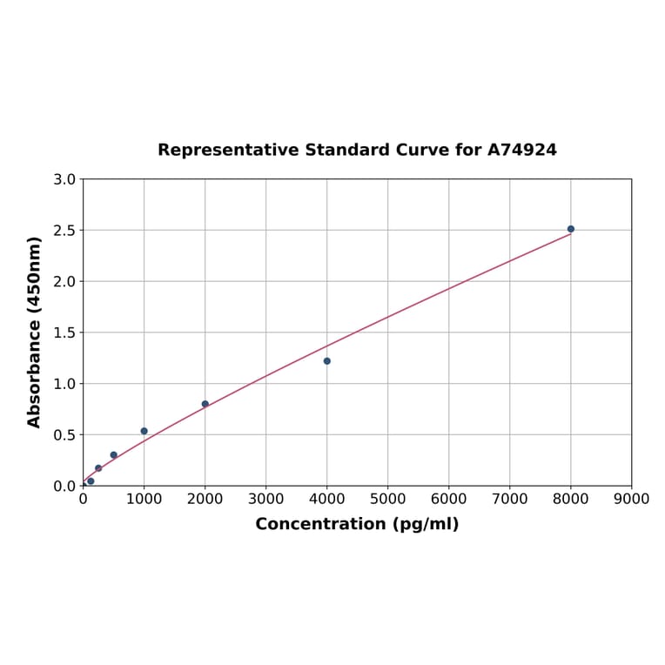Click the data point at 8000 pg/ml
[570, 229]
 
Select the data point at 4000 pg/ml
[327, 361]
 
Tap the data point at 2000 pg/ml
[205, 404]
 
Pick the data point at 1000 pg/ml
[144, 431]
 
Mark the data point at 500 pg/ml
[114, 455]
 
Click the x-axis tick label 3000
[266, 499]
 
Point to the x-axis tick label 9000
[631, 499]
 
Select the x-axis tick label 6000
[449, 499]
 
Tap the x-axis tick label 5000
[388, 499]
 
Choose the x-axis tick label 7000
[510, 499]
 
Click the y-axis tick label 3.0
[64, 179]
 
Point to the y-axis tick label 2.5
[64, 231]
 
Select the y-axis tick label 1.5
[64, 332]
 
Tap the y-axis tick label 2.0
[64, 281]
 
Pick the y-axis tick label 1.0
[64, 384]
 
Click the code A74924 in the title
[521, 150]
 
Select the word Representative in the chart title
[229, 150]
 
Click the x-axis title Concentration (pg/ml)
[357, 524]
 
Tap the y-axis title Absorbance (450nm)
[35, 332]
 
